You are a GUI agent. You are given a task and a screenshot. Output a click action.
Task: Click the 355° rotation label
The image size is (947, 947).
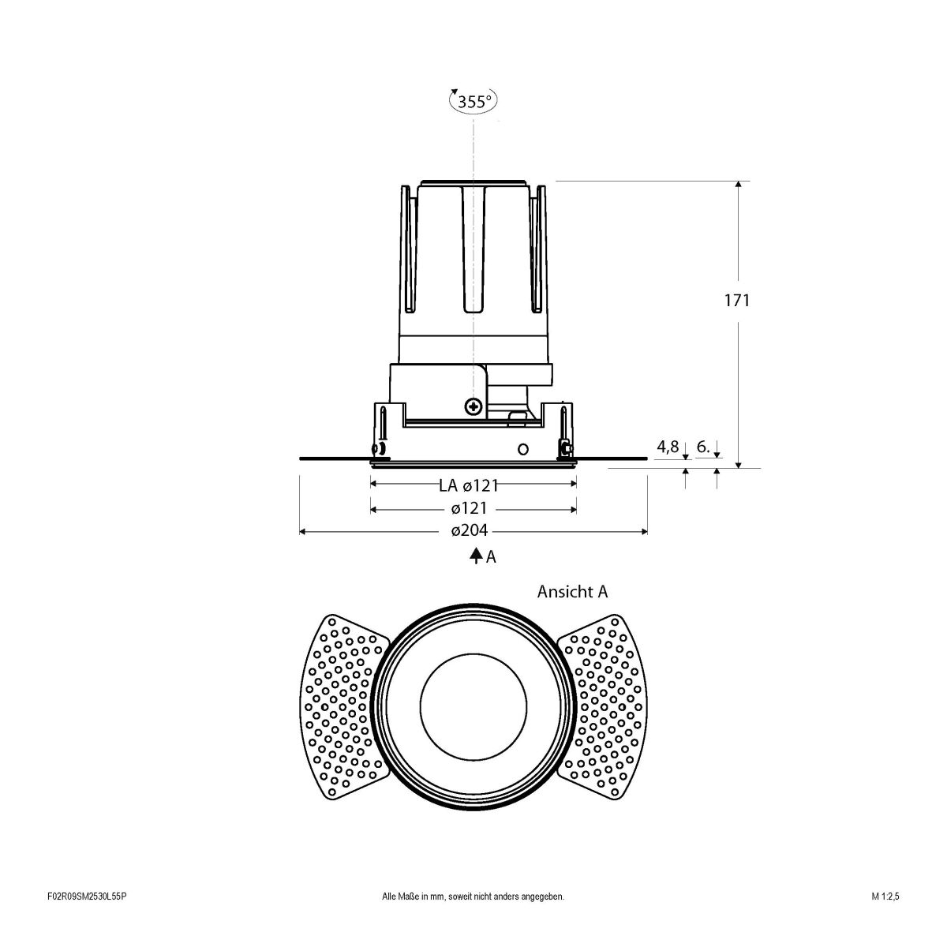coord(473,101)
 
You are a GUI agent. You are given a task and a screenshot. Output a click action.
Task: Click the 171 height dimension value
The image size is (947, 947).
coord(737,300)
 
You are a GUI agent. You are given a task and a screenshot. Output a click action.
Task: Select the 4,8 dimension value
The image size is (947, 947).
coord(668,447)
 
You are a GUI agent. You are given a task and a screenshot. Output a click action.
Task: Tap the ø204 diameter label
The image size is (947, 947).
coord(470,531)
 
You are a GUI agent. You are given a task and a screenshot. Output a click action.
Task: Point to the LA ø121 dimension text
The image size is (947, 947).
coord(469,485)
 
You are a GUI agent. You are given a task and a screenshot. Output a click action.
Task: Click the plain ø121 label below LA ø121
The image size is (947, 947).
coord(470,509)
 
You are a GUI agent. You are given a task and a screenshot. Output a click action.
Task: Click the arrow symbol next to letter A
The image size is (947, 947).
coord(476,556)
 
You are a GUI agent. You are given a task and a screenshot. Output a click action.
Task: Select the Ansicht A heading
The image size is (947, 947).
coord(572,591)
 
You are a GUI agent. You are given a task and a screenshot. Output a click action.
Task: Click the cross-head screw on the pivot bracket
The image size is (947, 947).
coord(473,407)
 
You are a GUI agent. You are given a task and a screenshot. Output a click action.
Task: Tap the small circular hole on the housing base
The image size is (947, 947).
coord(522,448)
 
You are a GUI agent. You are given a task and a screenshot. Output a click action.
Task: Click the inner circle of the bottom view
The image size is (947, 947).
coord(473,698)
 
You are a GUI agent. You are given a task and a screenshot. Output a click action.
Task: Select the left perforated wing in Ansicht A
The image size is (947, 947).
coord(342,702)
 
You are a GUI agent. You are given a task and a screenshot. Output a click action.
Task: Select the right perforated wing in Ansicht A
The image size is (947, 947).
coord(605,702)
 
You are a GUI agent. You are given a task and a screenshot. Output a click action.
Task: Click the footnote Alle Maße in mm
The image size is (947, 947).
coord(473,919)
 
